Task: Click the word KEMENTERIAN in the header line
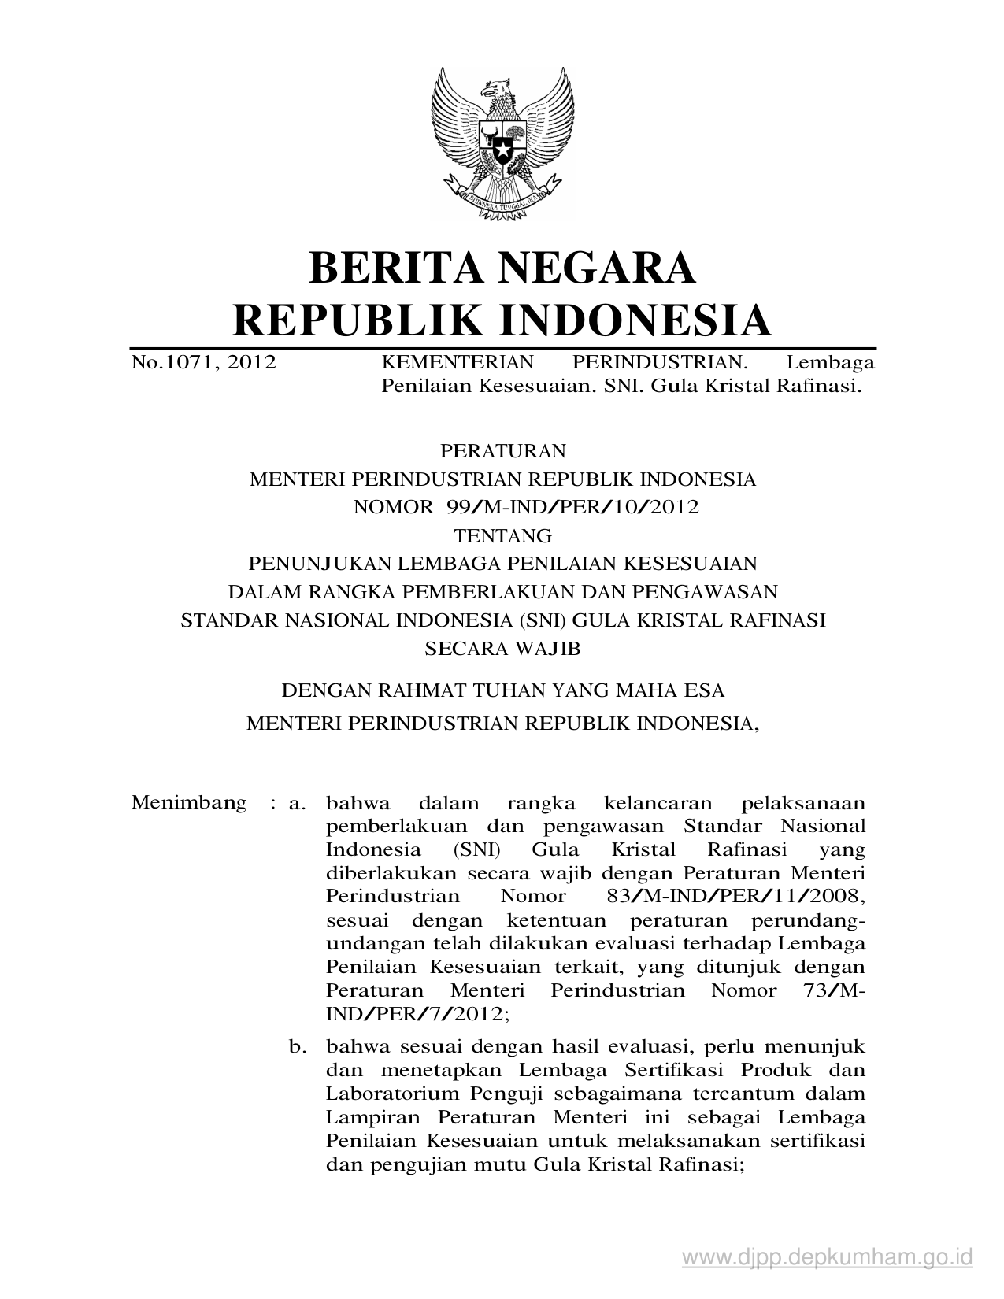(458, 363)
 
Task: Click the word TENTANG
(503, 536)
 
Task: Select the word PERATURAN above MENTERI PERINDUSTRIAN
(503, 451)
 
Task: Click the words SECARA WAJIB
(502, 649)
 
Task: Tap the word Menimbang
(189, 803)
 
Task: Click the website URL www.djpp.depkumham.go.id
(828, 1257)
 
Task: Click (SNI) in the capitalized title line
(543, 620)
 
